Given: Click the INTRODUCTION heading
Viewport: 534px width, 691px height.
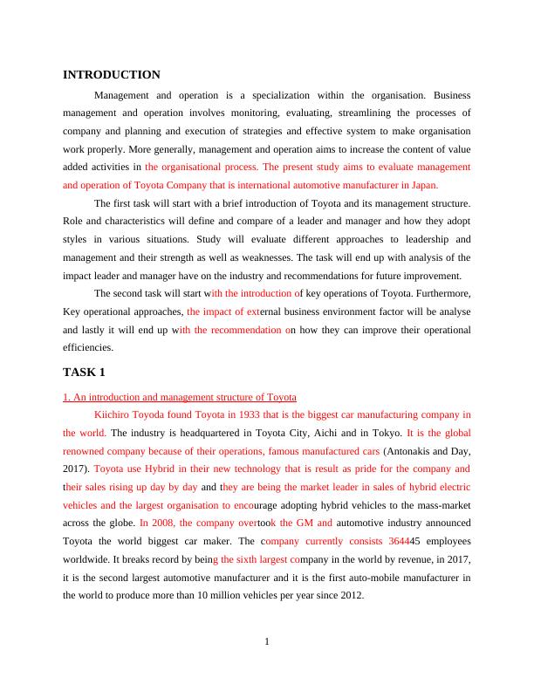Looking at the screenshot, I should click(x=112, y=75).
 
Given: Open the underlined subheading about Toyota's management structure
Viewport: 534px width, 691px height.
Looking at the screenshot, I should click(x=180, y=397).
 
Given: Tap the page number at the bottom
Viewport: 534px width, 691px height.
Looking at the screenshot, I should click(x=267, y=643).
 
